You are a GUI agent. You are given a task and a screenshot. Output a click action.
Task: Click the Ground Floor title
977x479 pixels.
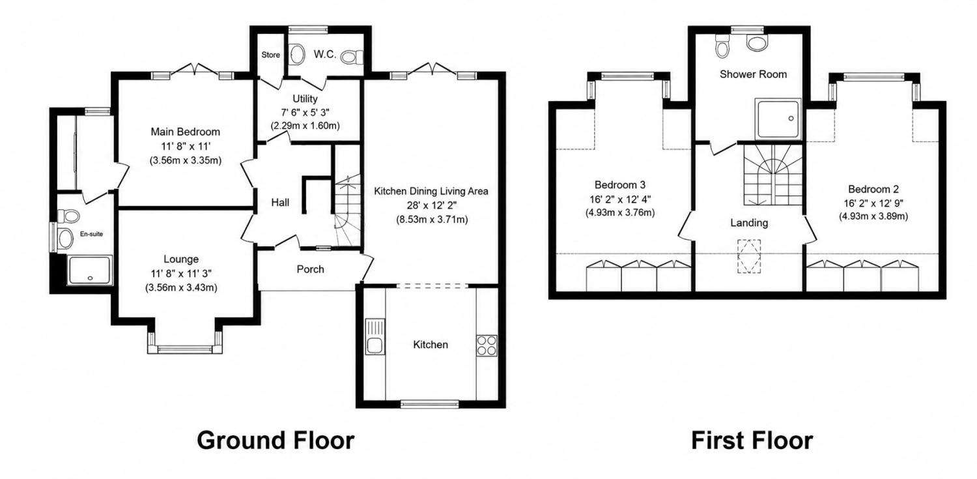click(276, 440)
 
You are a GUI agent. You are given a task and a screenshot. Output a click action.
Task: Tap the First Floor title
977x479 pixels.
click(752, 440)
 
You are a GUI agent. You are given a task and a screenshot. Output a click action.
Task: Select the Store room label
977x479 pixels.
click(271, 55)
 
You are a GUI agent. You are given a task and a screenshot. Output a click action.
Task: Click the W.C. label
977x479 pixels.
click(325, 55)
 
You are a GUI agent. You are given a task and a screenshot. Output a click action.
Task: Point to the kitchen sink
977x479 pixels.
click(375, 336)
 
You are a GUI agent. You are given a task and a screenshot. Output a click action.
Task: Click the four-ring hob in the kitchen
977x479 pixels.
click(487, 345)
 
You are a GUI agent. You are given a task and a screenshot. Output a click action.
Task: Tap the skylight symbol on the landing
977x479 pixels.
click(749, 256)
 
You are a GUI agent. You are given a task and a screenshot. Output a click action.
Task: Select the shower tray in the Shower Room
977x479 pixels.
click(778, 119)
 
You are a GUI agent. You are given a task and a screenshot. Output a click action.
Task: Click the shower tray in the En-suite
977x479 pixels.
click(90, 270)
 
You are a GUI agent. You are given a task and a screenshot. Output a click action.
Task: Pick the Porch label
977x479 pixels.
click(310, 269)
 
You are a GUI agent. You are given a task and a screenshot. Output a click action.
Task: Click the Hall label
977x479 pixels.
click(280, 203)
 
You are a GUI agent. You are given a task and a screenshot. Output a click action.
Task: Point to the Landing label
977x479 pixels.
click(749, 223)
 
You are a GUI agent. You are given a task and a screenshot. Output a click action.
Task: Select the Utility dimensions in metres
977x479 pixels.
click(305, 126)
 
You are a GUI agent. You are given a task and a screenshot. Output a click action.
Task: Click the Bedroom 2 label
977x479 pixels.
click(873, 190)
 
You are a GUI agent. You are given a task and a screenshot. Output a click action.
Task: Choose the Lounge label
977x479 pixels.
click(181, 259)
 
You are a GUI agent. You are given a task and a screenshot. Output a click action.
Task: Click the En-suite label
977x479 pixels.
click(91, 234)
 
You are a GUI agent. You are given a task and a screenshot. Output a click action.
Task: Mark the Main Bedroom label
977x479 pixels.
click(186, 132)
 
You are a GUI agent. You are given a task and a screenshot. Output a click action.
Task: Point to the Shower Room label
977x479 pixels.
click(753, 74)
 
